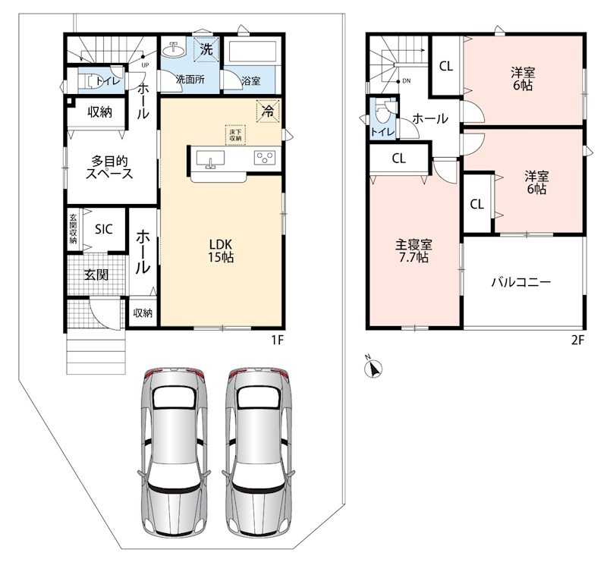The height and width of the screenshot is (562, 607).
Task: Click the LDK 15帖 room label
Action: pyautogui.click(x=221, y=251)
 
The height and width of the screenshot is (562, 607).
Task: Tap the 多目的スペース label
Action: pyautogui.click(x=109, y=167)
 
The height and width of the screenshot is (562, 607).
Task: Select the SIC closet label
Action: pyautogui.click(x=103, y=229)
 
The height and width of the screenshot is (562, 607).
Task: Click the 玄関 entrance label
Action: pyautogui.click(x=96, y=275)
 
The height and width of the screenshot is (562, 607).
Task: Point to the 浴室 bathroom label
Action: pyautogui.click(x=251, y=81)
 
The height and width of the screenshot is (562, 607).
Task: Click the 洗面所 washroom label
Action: pyautogui.click(x=190, y=80)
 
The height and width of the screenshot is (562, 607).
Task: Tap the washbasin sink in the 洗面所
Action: pyautogui.click(x=175, y=49)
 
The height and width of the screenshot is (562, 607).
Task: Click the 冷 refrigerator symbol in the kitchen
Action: pyautogui.click(x=268, y=111)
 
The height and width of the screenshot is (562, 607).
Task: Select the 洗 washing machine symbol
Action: pyautogui.click(x=206, y=49)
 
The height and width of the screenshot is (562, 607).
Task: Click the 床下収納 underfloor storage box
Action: pyautogui.click(x=235, y=135)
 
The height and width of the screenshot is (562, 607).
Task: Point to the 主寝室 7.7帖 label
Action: pyautogui.click(x=414, y=251)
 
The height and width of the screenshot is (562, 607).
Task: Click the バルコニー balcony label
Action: pyautogui.click(x=521, y=282)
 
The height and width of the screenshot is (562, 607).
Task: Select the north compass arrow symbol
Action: pyautogui.click(x=374, y=368)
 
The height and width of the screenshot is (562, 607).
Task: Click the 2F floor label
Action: pyautogui.click(x=577, y=340)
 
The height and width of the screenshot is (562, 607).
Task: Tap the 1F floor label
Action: pyautogui.click(x=278, y=340)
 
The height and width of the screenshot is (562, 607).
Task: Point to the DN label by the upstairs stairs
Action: pyautogui.click(x=406, y=81)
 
